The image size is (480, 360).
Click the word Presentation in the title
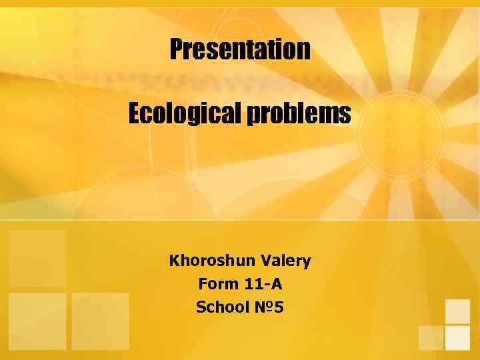240,49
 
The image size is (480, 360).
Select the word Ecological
185,114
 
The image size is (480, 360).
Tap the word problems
299,115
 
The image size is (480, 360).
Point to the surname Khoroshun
211,260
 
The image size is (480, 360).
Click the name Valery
285,261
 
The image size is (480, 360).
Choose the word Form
218,284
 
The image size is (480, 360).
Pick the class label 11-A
263,284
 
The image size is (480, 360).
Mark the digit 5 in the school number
279,307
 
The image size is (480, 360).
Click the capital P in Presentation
177,49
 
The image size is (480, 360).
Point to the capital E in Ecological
135,114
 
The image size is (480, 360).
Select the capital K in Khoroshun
175,260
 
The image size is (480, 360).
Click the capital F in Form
203,284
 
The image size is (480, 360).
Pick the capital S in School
201,307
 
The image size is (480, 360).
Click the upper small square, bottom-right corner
457,311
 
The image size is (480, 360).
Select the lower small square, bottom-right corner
457,337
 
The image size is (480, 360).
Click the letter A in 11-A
277,284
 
